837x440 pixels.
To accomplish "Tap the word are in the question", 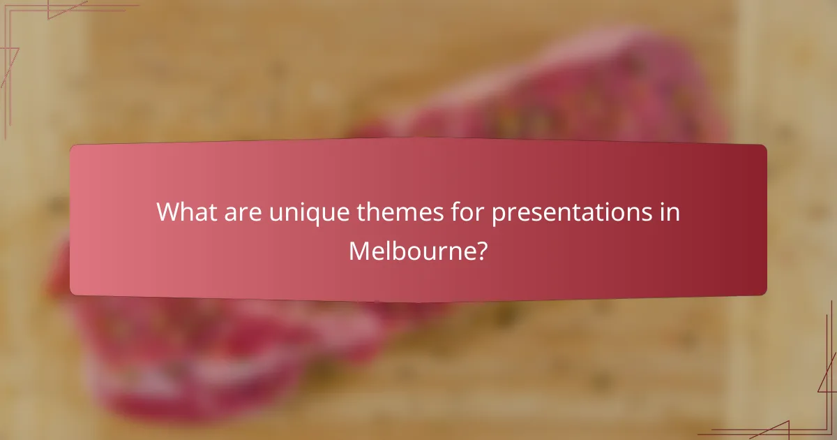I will point(246,212).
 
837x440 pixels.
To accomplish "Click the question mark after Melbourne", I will point(482,250).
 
